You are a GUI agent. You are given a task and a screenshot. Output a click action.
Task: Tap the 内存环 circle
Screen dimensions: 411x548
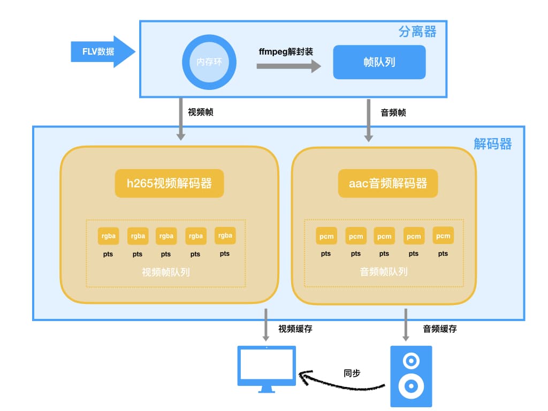209,62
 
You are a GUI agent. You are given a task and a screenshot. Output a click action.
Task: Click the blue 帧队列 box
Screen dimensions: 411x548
379,62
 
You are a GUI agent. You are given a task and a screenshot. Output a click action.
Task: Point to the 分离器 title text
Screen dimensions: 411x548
417,32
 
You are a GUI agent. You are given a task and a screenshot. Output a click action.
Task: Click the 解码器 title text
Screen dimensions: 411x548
492,143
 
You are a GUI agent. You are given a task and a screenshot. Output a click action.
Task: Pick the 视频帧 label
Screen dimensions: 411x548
201,112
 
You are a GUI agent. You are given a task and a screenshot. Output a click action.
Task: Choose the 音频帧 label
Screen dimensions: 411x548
393,112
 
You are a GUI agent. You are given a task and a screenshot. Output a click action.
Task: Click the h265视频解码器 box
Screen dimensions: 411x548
169,184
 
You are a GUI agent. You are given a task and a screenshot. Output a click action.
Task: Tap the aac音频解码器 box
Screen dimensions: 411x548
388,184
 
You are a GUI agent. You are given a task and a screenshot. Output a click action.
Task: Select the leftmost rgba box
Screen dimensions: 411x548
108,236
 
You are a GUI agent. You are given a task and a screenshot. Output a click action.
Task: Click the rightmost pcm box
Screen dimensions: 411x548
443,236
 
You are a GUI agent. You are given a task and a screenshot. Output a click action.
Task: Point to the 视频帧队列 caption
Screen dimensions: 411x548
165,272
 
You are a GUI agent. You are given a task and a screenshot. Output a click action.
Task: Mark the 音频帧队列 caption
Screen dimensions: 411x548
384,272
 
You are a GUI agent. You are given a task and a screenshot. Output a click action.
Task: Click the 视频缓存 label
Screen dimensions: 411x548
295,329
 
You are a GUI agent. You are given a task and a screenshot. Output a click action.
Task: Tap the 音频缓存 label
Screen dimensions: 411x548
440,329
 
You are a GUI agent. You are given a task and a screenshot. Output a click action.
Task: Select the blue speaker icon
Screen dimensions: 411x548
411,376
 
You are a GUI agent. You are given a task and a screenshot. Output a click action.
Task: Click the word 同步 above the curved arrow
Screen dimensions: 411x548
352,372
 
